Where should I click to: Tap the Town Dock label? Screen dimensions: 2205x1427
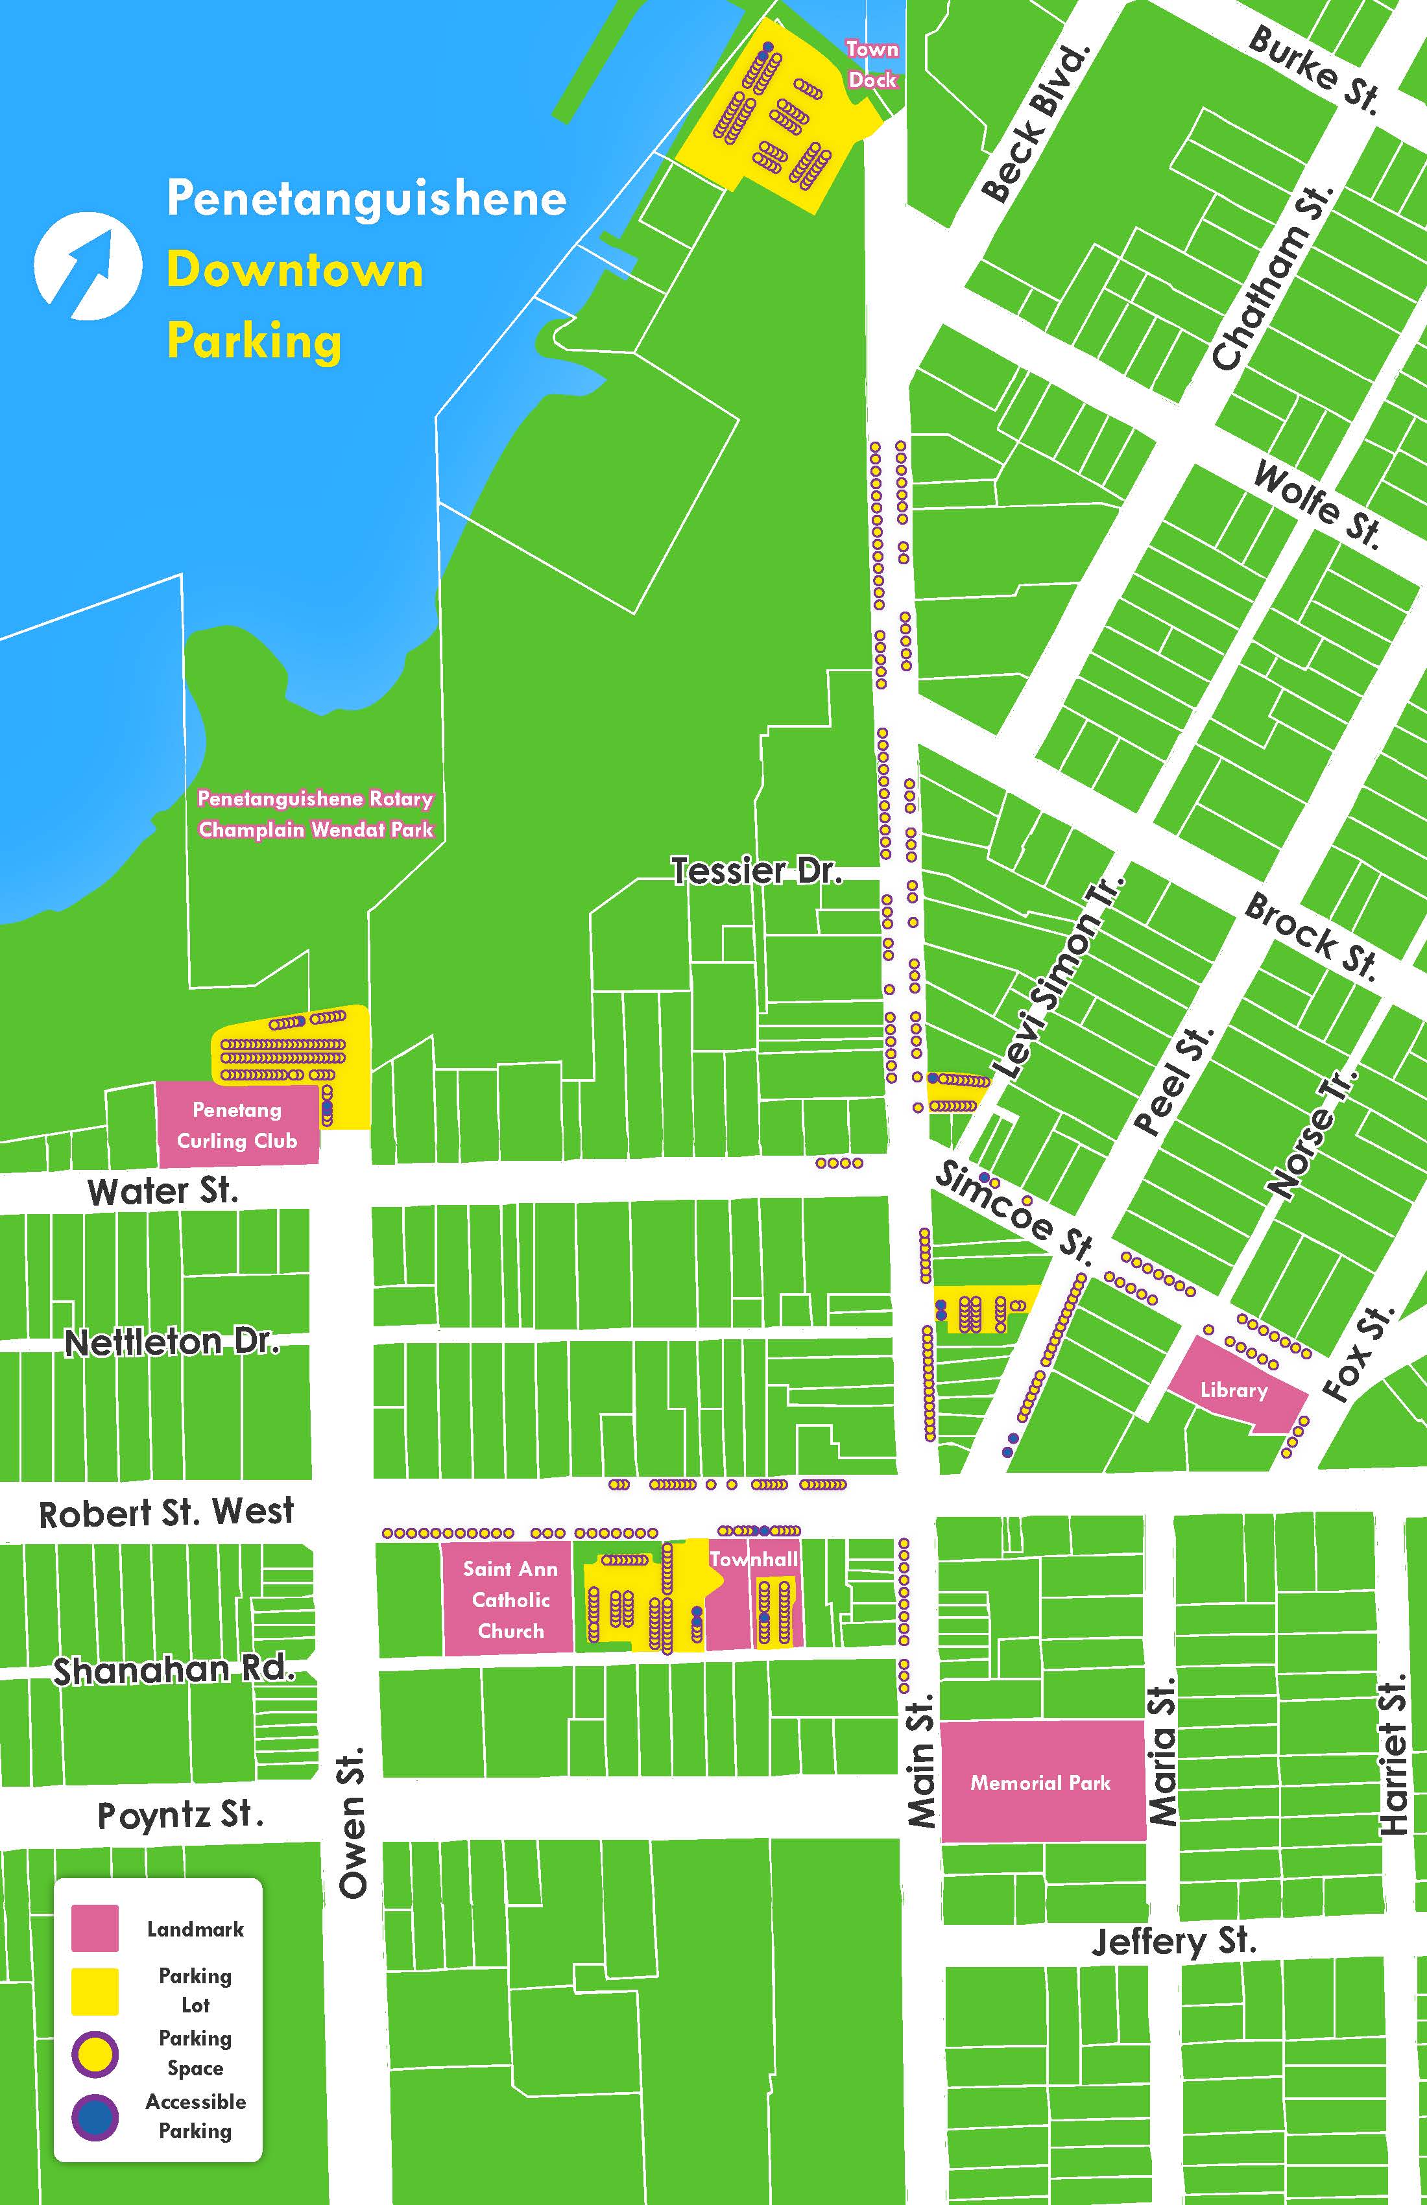click(x=872, y=64)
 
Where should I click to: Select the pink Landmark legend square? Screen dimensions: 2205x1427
click(x=95, y=1928)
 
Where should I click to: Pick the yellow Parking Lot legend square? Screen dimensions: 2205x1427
click(x=95, y=1991)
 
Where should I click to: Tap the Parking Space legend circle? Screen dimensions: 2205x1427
click(x=95, y=2054)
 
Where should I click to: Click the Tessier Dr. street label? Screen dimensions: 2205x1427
click(x=756, y=872)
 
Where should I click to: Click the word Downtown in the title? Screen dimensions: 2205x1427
click(x=294, y=270)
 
